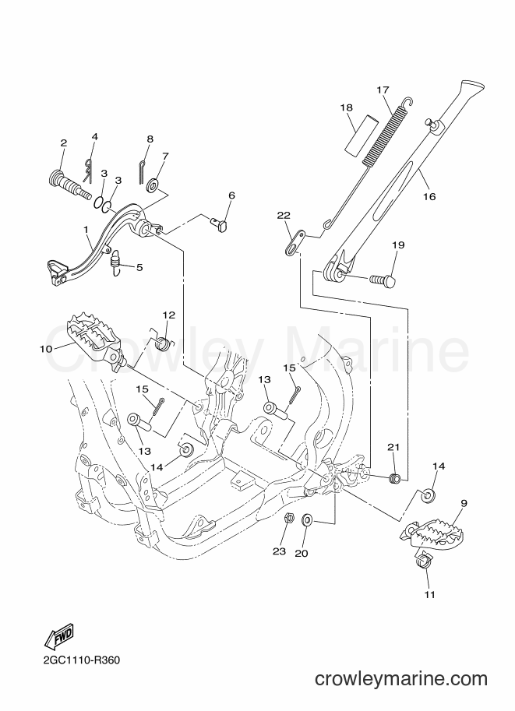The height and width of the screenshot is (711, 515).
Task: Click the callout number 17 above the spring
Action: click(383, 90)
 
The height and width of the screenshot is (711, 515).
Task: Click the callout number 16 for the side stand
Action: click(429, 196)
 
